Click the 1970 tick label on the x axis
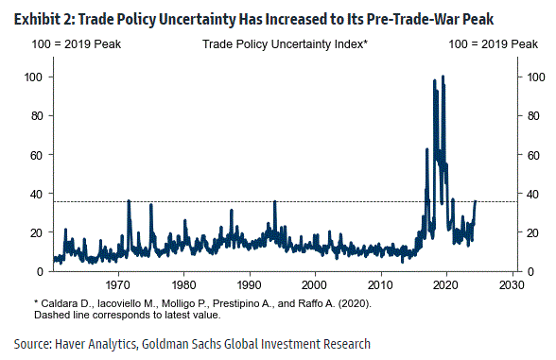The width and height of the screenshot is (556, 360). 118,285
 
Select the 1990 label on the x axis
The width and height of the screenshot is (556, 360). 250,285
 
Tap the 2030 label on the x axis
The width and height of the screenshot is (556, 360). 512,285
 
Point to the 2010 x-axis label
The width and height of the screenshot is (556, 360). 380,285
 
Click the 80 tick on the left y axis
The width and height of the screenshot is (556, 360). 37,116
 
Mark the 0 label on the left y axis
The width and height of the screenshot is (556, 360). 40,272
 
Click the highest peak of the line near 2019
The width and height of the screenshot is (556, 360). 443,77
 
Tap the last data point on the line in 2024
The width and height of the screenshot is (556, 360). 475,201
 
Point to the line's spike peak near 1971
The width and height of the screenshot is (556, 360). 129,201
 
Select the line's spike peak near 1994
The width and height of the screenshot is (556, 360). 275,202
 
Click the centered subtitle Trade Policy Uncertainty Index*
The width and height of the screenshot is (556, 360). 286,44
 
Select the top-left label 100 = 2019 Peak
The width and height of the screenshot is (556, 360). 77,44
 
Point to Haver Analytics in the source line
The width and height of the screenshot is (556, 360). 96,344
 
